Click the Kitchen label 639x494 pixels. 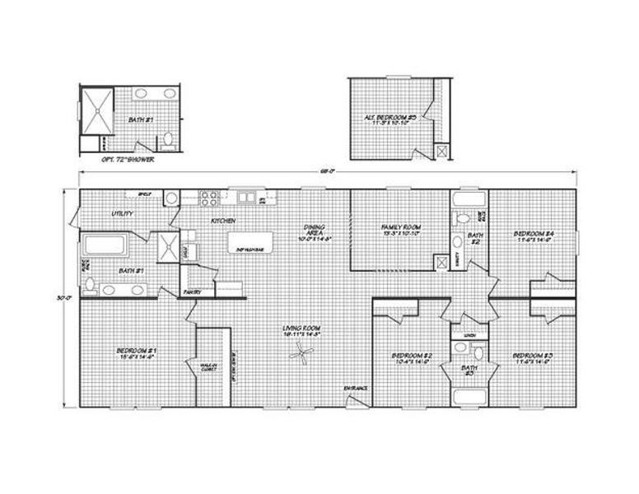tap(224, 221)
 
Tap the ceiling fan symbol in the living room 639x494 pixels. tap(301, 355)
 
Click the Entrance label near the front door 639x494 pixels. tap(356, 388)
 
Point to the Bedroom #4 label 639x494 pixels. tap(534, 236)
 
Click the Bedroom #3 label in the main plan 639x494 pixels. tap(534, 358)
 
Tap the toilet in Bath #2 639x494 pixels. tap(463, 219)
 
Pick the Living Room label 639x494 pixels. tap(301, 331)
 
